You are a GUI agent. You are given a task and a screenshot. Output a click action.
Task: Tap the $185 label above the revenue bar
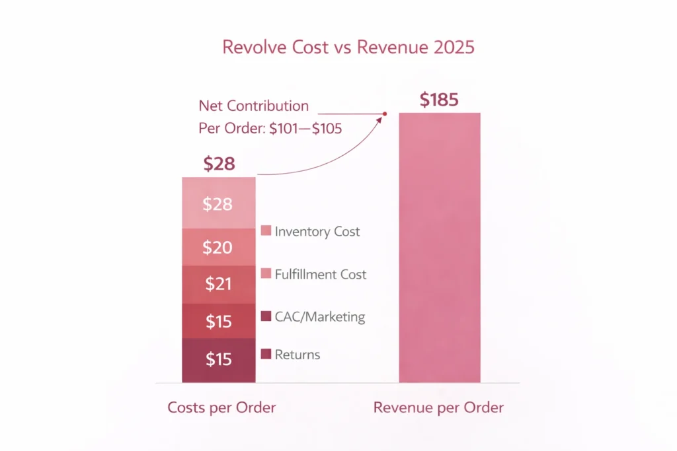click(x=440, y=100)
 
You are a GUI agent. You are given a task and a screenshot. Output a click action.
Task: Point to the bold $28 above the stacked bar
click(x=219, y=164)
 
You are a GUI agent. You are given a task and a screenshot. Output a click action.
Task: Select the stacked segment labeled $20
click(x=218, y=248)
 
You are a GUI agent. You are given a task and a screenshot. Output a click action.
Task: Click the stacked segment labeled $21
click(x=218, y=285)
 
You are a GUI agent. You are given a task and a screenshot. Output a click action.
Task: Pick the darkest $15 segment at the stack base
click(x=218, y=360)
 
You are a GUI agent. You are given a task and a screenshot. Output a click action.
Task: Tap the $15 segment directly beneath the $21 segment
click(x=218, y=322)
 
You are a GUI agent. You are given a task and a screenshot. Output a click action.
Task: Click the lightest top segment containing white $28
click(x=218, y=204)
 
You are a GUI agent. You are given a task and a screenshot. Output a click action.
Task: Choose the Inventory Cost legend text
click(x=317, y=232)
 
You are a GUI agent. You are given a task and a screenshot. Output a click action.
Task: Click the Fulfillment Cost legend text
click(x=321, y=274)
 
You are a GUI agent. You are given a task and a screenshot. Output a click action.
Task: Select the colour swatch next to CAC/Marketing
click(x=266, y=317)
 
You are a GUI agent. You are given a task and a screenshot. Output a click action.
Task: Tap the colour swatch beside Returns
click(x=266, y=355)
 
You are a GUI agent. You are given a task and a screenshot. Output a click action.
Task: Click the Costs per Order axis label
click(x=221, y=407)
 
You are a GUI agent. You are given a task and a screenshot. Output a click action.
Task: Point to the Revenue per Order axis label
click(x=438, y=407)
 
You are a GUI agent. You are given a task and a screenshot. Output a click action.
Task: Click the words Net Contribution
click(x=254, y=106)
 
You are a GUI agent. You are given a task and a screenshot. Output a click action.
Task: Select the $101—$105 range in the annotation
click(x=305, y=129)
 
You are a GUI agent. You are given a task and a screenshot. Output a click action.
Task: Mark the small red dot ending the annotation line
click(x=385, y=114)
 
